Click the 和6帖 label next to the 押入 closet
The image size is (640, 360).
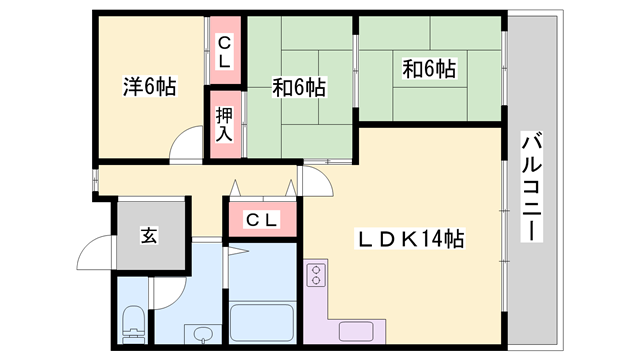(x=299, y=87)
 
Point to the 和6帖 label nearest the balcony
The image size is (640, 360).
(x=429, y=69)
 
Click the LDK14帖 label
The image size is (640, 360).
(x=411, y=240)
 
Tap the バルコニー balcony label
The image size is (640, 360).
(x=530, y=184)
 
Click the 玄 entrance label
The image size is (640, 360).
(x=149, y=236)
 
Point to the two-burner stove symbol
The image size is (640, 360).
(x=318, y=275)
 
